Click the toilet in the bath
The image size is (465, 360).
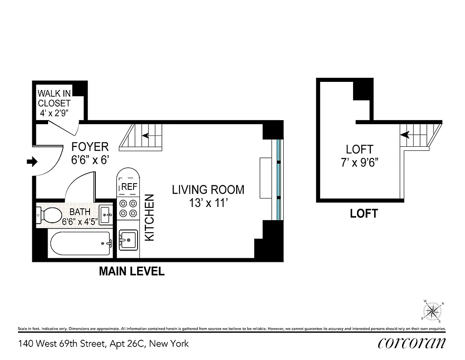coord(49,215)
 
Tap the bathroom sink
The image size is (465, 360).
coord(107,215)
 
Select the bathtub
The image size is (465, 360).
coord(80,244)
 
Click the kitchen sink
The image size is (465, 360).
coord(128,240)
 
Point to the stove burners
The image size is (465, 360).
coord(128,208)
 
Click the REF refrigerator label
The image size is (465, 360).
coord(129,186)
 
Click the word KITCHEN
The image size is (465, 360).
coord(150,217)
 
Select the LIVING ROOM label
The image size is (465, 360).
coord(208,190)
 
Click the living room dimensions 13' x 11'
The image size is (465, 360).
coord(208,203)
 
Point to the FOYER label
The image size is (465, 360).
coord(90,147)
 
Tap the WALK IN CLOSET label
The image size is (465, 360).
coord(54,99)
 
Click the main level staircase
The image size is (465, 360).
coord(142,137)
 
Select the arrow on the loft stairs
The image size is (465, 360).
coord(405,134)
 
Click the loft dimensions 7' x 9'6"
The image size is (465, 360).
coord(359,162)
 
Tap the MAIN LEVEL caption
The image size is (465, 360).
coord(132,272)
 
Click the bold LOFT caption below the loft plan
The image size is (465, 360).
coord(364,214)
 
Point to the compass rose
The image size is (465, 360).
coord(433,310)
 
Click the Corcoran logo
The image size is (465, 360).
coord(411,343)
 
